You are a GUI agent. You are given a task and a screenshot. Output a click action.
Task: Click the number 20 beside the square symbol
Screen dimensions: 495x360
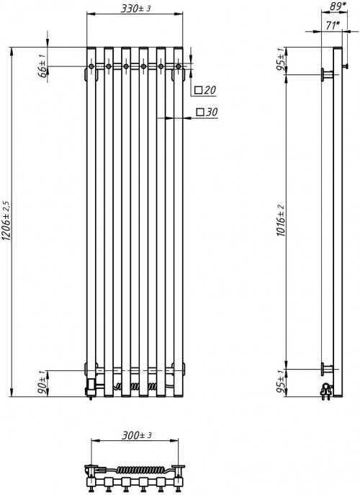(210, 90)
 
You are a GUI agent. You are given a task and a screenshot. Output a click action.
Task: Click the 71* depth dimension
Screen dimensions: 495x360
(332, 24)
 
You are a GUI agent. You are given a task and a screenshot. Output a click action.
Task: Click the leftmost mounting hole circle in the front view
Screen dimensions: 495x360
(91, 67)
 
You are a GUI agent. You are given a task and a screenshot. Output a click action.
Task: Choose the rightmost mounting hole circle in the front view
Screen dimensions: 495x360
(177, 67)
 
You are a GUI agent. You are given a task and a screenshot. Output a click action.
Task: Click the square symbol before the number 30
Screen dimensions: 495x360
(199, 112)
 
